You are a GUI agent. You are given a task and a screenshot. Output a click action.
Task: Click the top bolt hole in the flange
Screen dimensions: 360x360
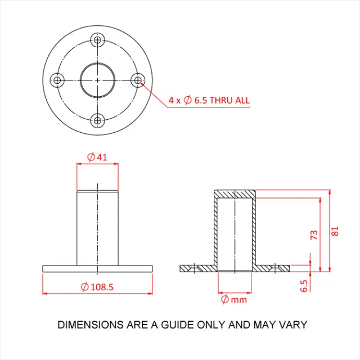(98, 40)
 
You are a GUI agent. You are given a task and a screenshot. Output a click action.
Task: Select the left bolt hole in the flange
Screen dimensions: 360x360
(57, 80)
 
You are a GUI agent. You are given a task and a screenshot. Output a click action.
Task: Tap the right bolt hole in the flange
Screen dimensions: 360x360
(138, 80)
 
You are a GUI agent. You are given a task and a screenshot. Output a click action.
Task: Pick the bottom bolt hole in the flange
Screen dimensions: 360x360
(98, 120)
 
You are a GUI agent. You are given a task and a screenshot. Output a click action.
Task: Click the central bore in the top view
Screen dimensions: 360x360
(98, 80)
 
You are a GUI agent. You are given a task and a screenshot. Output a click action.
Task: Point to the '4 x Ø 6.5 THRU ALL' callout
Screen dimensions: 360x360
(209, 101)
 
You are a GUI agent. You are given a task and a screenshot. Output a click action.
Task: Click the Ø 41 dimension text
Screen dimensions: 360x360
(97, 157)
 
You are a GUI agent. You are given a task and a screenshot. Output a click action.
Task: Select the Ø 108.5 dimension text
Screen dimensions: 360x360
(97, 287)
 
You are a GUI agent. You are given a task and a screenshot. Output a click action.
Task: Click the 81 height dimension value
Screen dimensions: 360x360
(336, 231)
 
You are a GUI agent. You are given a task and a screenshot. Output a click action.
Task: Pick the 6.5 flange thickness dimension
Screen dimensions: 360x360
(304, 285)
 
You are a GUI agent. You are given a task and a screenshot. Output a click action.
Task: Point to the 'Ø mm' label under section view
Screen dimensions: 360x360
(234, 299)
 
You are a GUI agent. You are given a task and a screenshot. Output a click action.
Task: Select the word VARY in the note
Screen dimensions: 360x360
(294, 325)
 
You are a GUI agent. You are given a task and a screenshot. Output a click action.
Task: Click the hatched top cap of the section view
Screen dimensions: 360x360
(235, 193)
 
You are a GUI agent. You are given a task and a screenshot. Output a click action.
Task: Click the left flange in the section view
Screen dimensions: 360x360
(197, 268)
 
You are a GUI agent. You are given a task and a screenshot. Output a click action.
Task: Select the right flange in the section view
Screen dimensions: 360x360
(273, 268)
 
